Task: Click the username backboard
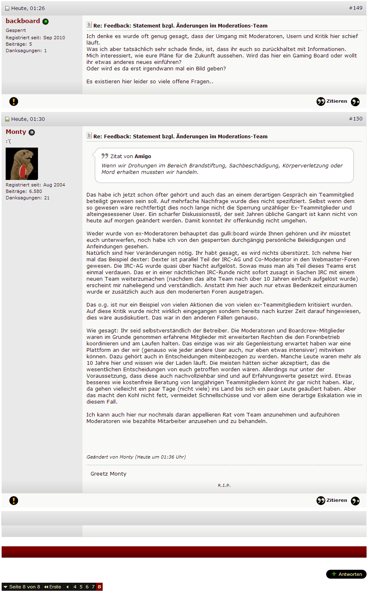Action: (23, 21)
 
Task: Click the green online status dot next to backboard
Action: (45, 21)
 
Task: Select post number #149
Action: (356, 8)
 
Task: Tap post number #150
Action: (356, 119)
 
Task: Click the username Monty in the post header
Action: (16, 132)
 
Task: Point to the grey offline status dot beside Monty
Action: (32, 132)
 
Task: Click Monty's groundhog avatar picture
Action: (22, 164)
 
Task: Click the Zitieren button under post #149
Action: (332, 101)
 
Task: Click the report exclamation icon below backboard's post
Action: (14, 101)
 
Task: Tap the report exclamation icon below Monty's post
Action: (14, 501)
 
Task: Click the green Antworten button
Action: (346, 574)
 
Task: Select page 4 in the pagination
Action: (75, 587)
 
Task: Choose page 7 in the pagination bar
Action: (93, 587)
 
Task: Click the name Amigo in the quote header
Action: (143, 156)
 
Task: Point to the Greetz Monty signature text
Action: (108, 474)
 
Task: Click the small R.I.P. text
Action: (224, 485)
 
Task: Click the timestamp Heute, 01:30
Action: (28, 119)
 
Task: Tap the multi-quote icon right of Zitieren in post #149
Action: (355, 102)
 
